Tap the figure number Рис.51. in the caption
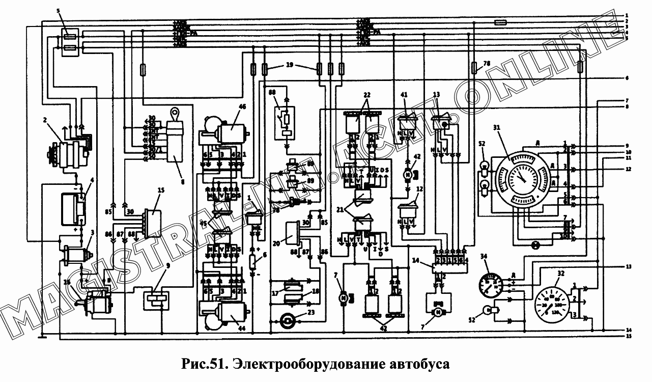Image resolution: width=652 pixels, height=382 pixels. (205, 365)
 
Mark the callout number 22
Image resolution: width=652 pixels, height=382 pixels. (367, 95)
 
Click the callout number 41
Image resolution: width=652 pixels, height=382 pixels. (404, 95)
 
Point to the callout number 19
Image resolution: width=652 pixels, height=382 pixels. (289, 65)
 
